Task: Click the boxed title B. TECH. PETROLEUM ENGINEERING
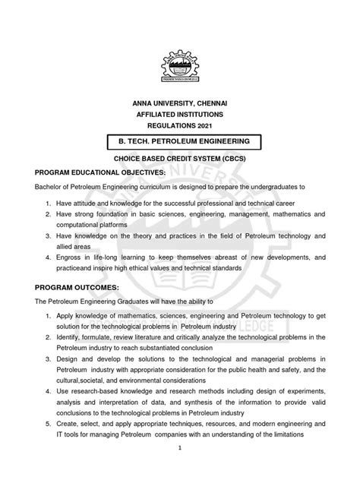coord(179,141)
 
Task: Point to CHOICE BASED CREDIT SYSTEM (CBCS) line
coord(179,162)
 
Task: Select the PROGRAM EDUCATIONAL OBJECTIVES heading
coord(95,172)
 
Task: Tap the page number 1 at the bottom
coord(179,469)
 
